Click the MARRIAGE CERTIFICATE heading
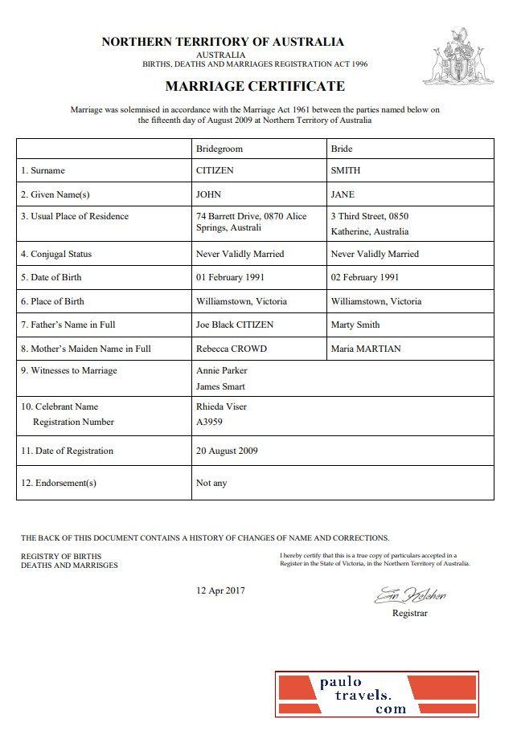pos(255,86)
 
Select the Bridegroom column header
pos(219,149)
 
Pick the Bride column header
pos(342,149)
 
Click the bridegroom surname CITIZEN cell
pos(215,170)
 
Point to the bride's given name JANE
pos(343,194)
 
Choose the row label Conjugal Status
pos(56,254)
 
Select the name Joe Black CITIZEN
pos(235,325)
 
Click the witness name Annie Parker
pos(222,370)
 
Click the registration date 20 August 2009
pos(227,451)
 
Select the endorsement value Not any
pos(211,483)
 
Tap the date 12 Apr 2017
pos(221,590)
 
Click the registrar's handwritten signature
pos(409,596)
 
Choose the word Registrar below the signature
pos(409,613)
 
